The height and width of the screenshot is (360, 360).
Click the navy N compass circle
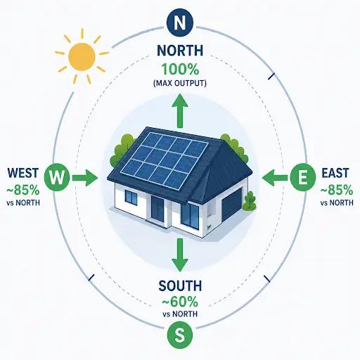click(180, 22)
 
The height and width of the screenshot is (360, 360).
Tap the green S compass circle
click(180, 335)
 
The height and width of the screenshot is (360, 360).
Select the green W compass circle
click(57, 177)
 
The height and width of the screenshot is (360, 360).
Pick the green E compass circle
click(303, 177)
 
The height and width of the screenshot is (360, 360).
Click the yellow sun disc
click(82, 56)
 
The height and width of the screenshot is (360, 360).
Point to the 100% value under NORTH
click(180, 69)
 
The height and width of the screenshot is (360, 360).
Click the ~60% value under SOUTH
click(180, 302)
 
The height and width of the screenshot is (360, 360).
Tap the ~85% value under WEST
click(23, 190)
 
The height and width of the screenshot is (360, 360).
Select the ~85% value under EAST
click(337, 190)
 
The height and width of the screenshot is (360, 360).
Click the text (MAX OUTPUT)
click(180, 84)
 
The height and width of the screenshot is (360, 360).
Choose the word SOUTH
click(180, 285)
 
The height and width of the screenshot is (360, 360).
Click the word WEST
click(23, 173)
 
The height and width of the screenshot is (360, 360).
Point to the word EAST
click(335, 173)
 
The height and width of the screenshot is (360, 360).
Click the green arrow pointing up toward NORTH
click(180, 110)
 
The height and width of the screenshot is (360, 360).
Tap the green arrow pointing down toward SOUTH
click(180, 255)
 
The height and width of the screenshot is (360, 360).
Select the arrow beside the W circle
click(85, 177)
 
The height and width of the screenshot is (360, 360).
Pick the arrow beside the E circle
click(275, 177)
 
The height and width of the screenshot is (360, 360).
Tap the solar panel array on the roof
click(164, 160)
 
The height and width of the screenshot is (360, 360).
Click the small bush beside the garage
click(250, 201)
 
